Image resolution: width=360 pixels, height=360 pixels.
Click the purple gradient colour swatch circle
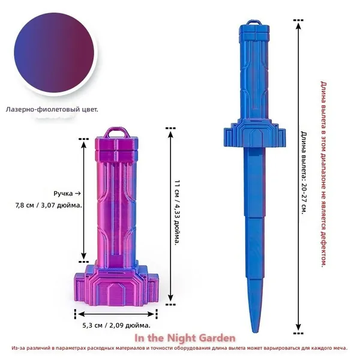(x=54, y=53)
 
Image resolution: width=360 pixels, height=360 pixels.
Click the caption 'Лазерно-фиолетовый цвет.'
(x=52, y=110)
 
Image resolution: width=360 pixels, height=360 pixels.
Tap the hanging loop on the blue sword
(x=254, y=23)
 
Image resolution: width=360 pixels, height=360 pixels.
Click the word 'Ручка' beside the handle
(x=63, y=194)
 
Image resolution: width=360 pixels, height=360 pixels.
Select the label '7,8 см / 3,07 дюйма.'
(x=49, y=205)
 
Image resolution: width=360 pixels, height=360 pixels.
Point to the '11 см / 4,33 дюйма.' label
(x=177, y=212)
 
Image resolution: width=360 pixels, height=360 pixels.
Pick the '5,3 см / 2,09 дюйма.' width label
(x=116, y=325)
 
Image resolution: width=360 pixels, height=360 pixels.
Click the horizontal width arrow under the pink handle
(x=116, y=314)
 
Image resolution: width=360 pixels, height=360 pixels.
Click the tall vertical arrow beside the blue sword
(x=298, y=177)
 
